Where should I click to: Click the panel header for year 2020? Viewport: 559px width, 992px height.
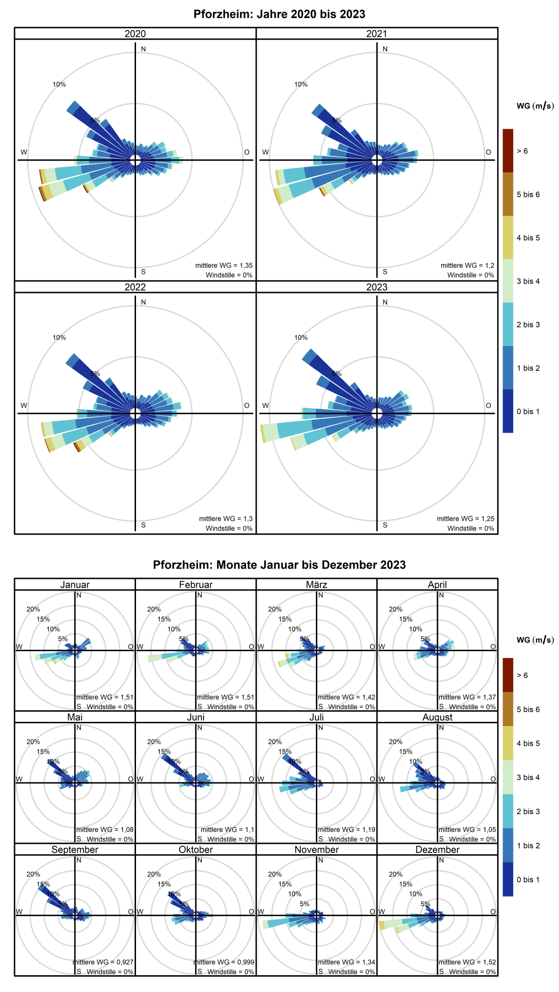[135, 34]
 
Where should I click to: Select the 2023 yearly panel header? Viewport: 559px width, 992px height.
[376, 287]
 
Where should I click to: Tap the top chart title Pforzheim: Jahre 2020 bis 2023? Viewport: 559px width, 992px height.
[279, 14]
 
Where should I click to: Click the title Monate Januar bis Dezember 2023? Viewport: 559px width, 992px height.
[279, 565]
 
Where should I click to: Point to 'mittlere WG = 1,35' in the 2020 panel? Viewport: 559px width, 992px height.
[224, 265]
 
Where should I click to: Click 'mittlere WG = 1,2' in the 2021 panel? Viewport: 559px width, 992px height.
[467, 265]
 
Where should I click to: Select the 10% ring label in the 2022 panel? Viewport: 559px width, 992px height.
[59, 338]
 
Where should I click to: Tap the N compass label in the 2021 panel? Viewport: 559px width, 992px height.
[385, 49]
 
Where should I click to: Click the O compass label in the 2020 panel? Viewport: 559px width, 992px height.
[247, 152]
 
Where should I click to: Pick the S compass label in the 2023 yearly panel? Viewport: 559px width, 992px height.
[385, 525]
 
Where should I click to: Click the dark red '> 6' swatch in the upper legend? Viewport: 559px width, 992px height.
[508, 150]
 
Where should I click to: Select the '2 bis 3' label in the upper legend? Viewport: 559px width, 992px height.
[528, 325]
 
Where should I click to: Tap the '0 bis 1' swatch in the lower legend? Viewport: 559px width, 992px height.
[508, 879]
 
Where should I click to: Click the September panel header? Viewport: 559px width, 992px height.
[75, 849]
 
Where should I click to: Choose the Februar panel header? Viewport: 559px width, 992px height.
[196, 584]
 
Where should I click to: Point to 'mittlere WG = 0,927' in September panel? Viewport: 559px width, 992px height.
[103, 962]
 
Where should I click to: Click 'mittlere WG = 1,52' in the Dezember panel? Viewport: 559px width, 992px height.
[467, 962]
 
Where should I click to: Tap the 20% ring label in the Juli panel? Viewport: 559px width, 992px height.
[275, 741]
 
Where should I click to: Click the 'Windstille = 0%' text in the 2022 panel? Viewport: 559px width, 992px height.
[229, 528]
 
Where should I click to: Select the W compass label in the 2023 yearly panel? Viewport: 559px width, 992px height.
[266, 405]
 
